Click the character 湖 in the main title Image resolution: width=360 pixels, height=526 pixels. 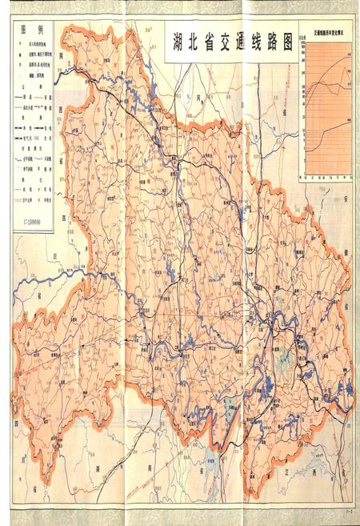[175, 43]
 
